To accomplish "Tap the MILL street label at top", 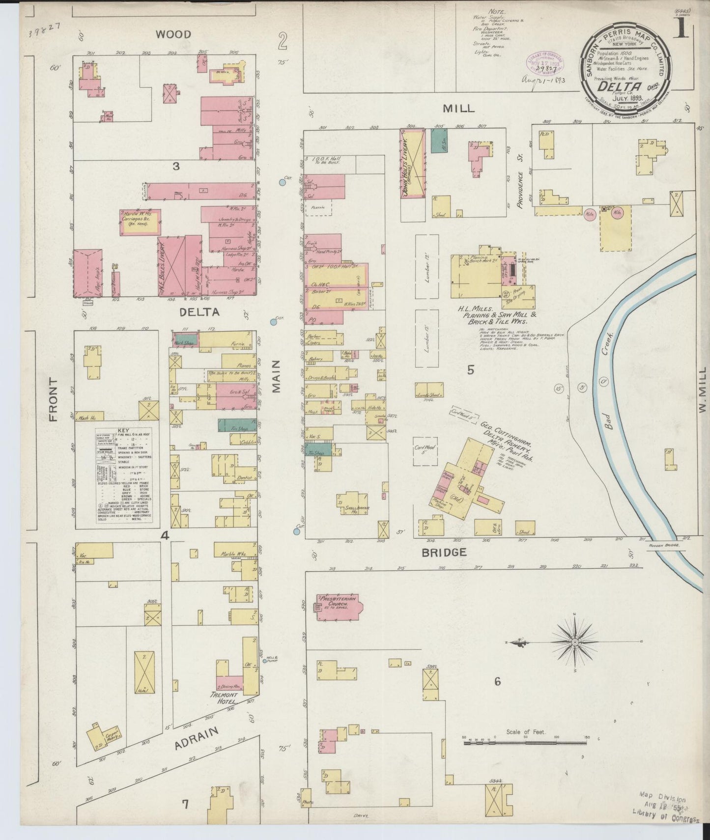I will tap(458, 108).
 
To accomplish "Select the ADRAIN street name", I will tap(196, 739).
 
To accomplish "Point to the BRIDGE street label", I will tap(444, 552).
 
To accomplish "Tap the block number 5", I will tap(470, 370).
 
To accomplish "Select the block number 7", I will tap(185, 804).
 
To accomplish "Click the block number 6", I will tap(497, 681).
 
